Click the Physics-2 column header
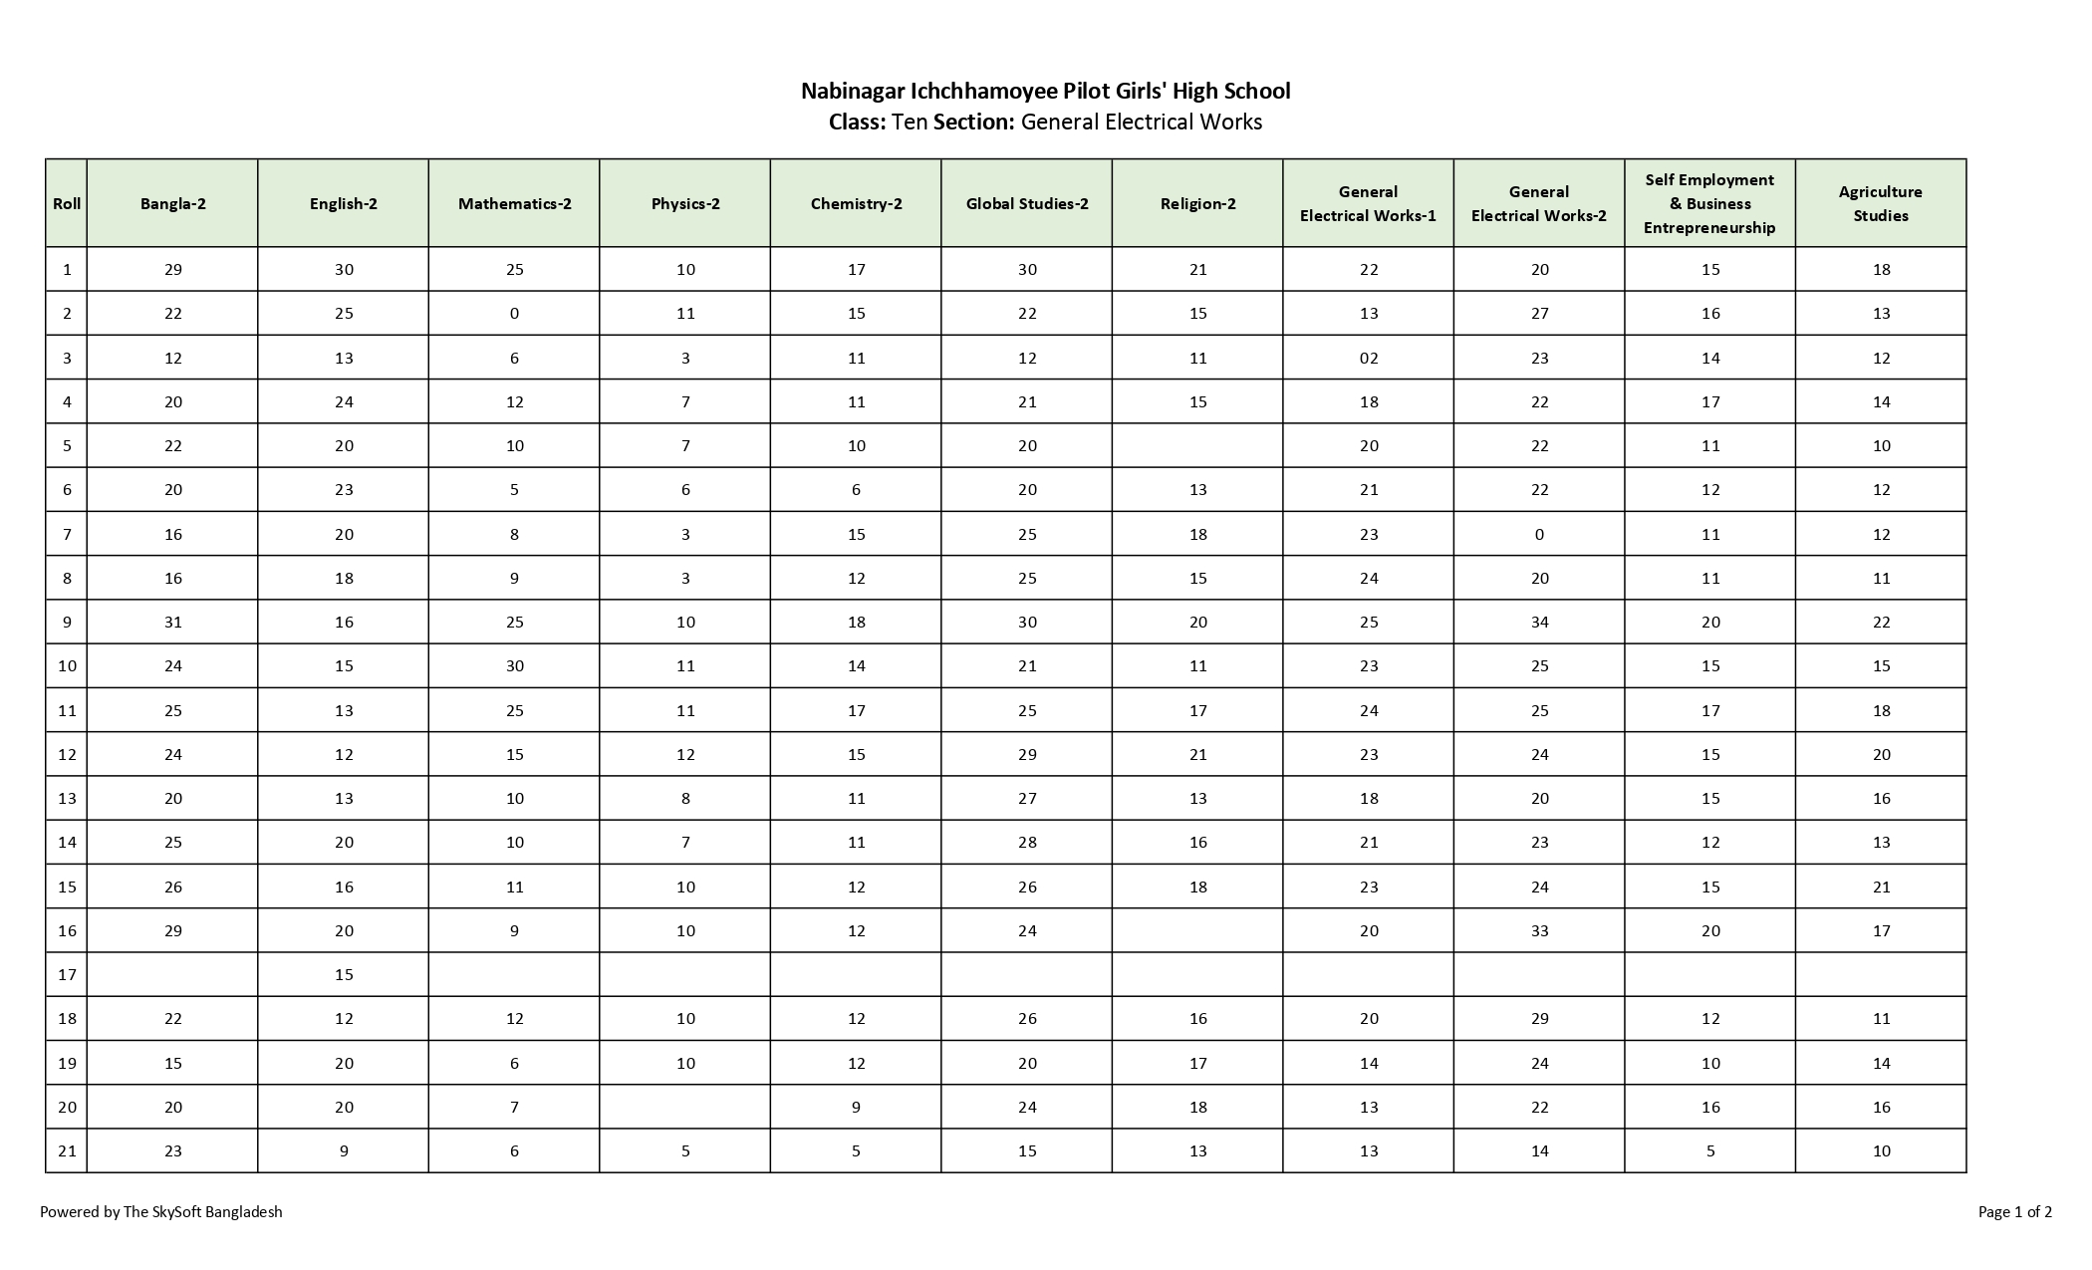click(x=685, y=203)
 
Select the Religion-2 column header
click(x=1197, y=203)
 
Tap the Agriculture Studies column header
click(x=1881, y=203)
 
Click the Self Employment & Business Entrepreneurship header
click(x=1709, y=203)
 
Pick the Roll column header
click(x=67, y=203)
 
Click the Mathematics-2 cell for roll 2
click(x=514, y=313)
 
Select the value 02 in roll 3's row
click(x=1369, y=358)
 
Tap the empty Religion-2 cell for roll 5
click(x=1197, y=445)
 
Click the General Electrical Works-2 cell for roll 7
click(x=1539, y=534)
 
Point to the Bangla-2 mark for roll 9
click(x=173, y=622)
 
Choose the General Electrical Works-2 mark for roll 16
click(x=1539, y=930)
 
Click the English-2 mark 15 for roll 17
click(x=344, y=974)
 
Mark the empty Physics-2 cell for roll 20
click(x=685, y=1107)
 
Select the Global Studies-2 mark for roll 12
click(x=1027, y=754)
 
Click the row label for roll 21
click(x=67, y=1150)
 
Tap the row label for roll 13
click(x=67, y=798)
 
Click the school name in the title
click(x=1045, y=91)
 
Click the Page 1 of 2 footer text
click(x=2014, y=1212)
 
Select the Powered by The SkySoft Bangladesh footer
click(x=161, y=1212)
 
